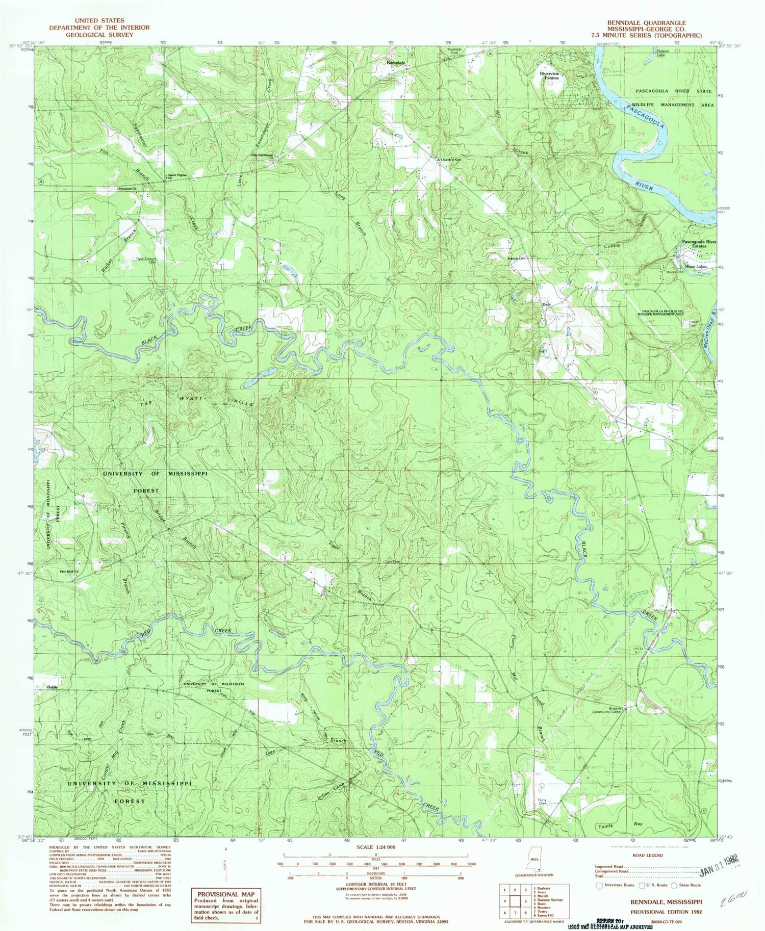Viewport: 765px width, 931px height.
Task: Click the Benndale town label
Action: [x=396, y=63]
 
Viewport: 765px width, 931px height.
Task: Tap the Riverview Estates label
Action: [x=549, y=75]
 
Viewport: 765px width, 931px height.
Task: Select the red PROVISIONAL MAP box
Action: [x=225, y=904]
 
